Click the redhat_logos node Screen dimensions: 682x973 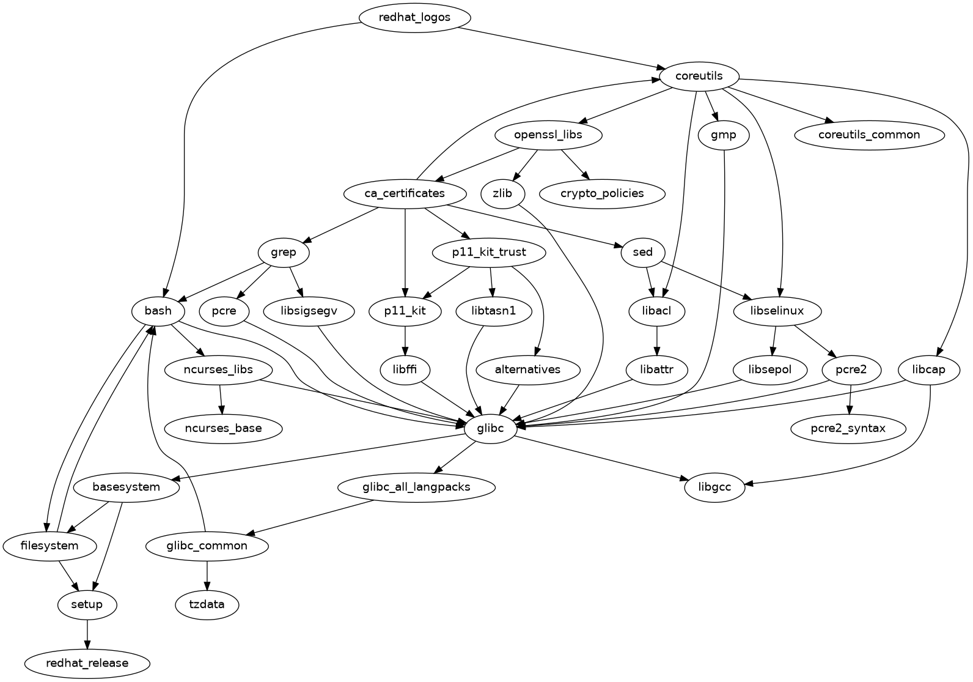[x=414, y=17]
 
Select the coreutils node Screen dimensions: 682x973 [x=699, y=76]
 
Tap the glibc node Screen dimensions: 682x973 [x=491, y=428]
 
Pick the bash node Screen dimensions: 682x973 [x=158, y=311]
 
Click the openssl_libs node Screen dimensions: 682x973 [x=548, y=135]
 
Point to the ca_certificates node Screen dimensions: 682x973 [x=405, y=193]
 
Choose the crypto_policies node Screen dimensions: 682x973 [x=601, y=193]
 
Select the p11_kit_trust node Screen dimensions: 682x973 [x=489, y=252]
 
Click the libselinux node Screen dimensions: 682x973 [x=777, y=311]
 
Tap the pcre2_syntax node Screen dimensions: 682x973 [x=848, y=428]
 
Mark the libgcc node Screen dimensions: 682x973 [x=714, y=487]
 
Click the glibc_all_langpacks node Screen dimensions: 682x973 [x=416, y=487]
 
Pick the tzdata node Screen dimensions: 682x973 [x=207, y=604]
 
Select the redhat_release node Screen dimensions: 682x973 [x=87, y=663]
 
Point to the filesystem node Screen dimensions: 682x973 [x=50, y=546]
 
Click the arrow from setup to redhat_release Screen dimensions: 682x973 [x=87, y=634]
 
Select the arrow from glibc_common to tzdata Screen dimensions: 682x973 [x=207, y=575]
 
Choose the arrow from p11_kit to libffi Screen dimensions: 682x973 [x=405, y=340]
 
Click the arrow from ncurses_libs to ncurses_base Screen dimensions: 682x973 [x=221, y=399]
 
